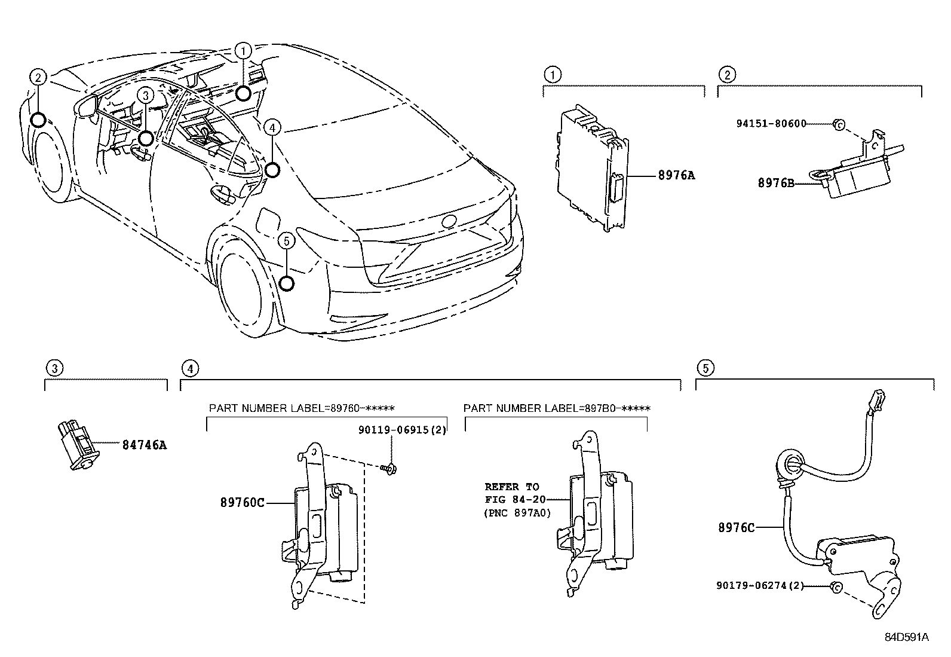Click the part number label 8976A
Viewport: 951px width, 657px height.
[x=676, y=176]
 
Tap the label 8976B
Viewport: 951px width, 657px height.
[x=776, y=184]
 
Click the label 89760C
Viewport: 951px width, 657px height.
[x=243, y=503]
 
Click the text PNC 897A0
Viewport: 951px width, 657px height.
[x=517, y=513]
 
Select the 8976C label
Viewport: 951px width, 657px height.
[x=736, y=527]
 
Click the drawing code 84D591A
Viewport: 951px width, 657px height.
[x=906, y=637]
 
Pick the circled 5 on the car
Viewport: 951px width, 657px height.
[x=287, y=241]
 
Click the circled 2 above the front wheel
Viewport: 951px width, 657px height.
[x=38, y=77]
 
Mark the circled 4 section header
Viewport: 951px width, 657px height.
[x=189, y=368]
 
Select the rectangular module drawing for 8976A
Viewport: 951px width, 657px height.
[x=591, y=169]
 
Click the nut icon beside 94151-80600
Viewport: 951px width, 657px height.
[x=838, y=124]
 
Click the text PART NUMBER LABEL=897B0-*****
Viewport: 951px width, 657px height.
[x=557, y=408]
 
